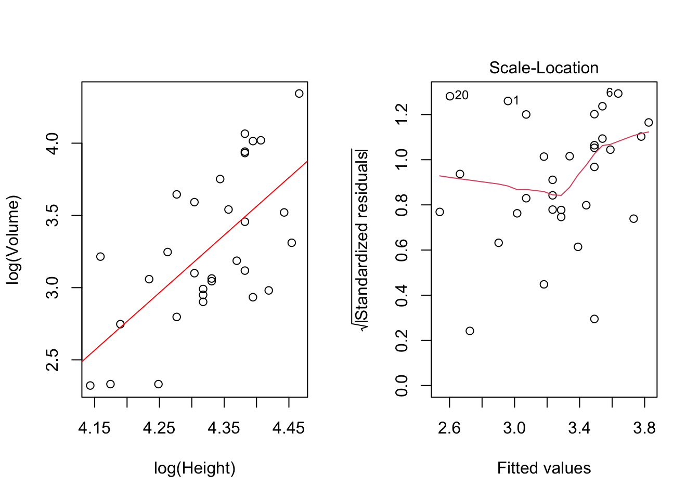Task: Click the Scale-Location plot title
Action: (543, 68)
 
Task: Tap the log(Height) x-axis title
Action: (195, 468)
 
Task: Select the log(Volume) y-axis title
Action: (13, 240)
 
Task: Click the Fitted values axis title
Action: (543, 468)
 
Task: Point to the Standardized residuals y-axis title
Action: (361, 240)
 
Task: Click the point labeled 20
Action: (450, 96)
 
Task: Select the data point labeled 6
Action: (618, 94)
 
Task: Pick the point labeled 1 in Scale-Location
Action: (508, 101)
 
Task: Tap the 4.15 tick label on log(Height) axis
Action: (94, 428)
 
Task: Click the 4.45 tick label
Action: (288, 428)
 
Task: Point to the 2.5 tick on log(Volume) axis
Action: (53, 360)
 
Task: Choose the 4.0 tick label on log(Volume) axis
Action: (53, 143)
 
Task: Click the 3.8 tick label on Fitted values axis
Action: (644, 428)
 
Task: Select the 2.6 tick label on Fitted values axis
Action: (449, 428)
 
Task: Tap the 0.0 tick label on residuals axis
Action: (402, 386)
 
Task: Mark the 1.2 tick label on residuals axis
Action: (402, 114)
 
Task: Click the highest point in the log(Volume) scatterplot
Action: (299, 94)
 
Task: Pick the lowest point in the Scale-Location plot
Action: (470, 331)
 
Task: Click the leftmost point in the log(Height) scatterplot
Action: (90, 386)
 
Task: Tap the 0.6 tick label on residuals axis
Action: (402, 250)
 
